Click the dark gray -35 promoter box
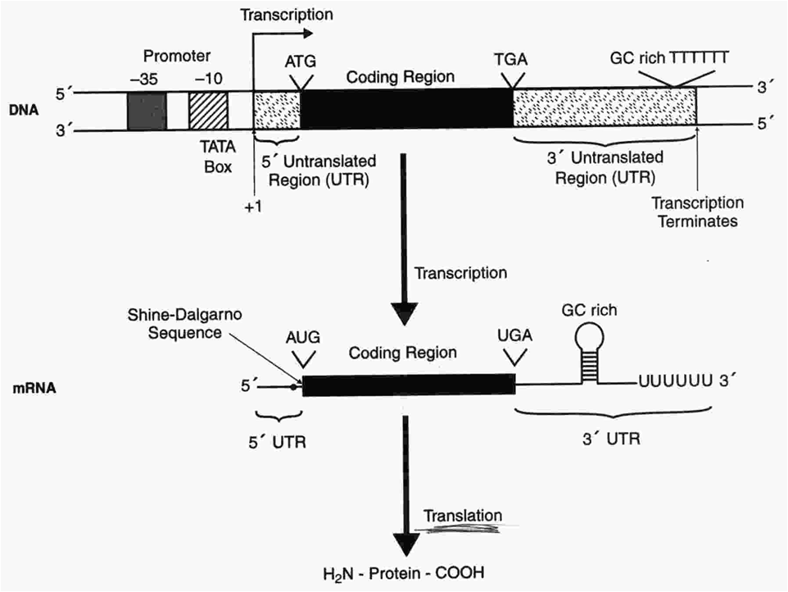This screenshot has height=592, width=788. [147, 111]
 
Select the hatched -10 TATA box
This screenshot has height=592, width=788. [209, 111]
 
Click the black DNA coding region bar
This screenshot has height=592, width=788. [406, 109]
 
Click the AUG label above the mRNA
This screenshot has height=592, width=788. [303, 338]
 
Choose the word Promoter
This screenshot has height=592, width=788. [177, 57]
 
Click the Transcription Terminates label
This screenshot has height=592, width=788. [697, 212]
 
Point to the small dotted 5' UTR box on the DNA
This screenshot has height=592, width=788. [277, 111]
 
